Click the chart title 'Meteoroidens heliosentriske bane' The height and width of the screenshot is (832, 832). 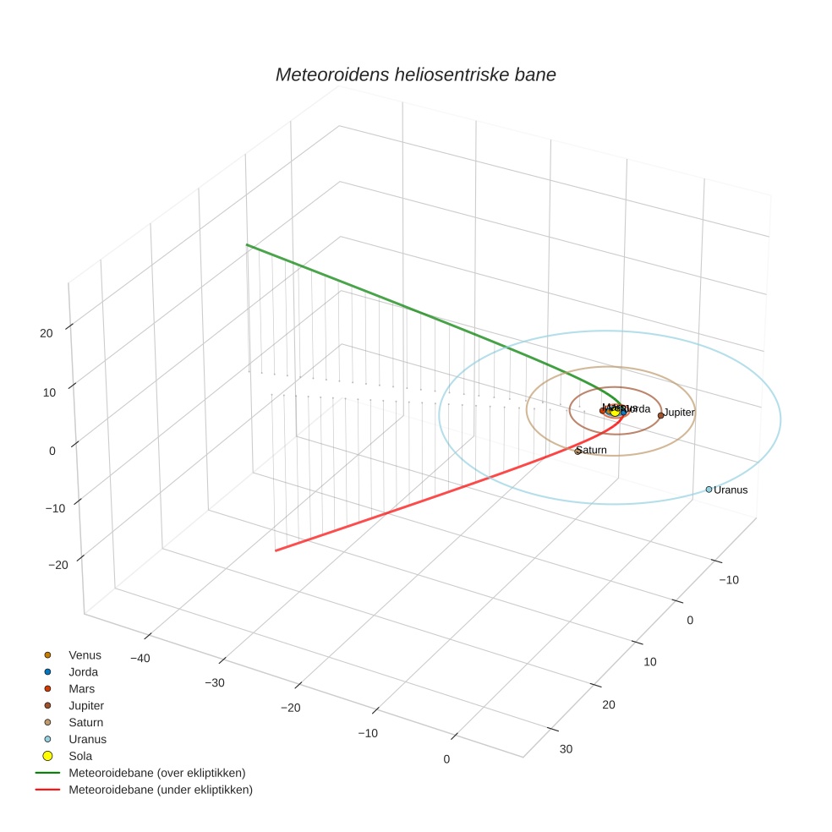pyautogui.click(x=415, y=74)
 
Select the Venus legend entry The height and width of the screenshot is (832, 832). pyautogui.click(x=85, y=654)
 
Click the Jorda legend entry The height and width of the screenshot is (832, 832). pyautogui.click(x=83, y=671)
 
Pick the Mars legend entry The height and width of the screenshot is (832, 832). pyautogui.click(x=81, y=688)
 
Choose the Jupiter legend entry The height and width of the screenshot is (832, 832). pyautogui.click(x=86, y=705)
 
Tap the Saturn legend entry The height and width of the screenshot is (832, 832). pyautogui.click(x=85, y=722)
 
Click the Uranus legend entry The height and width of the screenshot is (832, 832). pyautogui.click(x=87, y=739)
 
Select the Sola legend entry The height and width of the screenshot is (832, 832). pyautogui.click(x=80, y=756)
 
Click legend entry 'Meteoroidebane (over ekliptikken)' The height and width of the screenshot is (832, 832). pyautogui.click(x=156, y=773)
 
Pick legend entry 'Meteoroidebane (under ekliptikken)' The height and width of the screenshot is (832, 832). pyautogui.click(x=161, y=790)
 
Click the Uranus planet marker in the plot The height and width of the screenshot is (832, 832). pyautogui.click(x=709, y=490)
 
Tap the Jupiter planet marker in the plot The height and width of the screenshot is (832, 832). pyautogui.click(x=660, y=415)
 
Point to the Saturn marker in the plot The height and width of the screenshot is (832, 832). pyautogui.click(x=577, y=452)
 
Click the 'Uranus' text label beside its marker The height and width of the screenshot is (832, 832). pyautogui.click(x=731, y=490)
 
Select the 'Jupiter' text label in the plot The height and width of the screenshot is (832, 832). pyautogui.click(x=679, y=413)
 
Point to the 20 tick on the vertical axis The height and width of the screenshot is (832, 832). pyautogui.click(x=47, y=333)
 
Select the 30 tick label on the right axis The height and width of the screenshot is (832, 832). pyautogui.click(x=566, y=749)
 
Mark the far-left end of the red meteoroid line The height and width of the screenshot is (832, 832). pyautogui.click(x=276, y=550)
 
